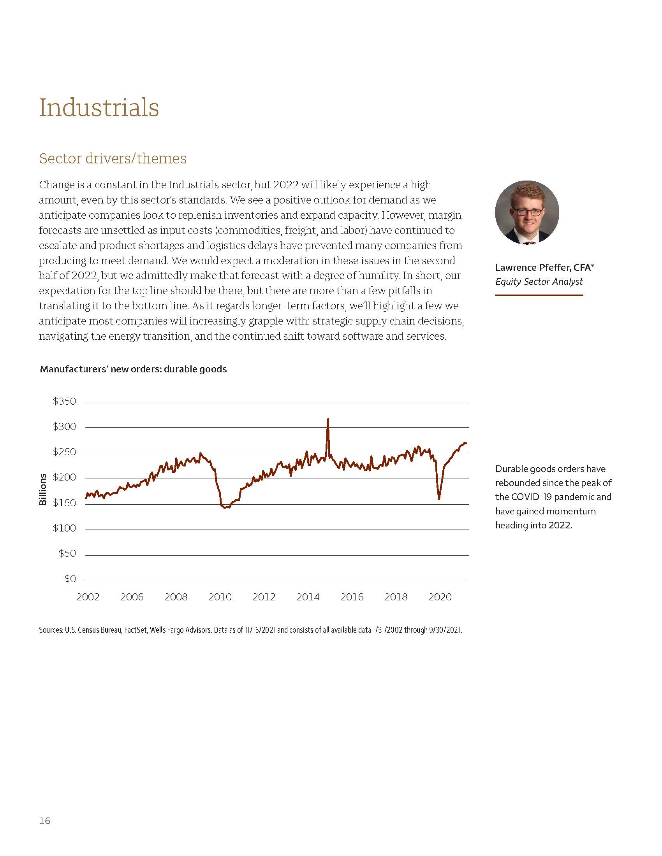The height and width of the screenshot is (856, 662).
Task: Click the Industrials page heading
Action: click(x=99, y=107)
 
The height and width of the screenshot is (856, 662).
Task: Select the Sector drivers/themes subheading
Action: click(x=113, y=158)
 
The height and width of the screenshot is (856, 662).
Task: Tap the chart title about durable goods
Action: click(x=133, y=369)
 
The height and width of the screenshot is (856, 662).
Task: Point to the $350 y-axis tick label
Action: click(x=64, y=402)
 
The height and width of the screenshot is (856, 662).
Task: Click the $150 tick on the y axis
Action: click(x=64, y=503)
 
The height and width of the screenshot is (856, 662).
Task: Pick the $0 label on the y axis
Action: click(x=70, y=579)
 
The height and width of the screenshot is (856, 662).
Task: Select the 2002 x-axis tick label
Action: click(x=88, y=597)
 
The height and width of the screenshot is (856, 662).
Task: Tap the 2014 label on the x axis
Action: click(x=308, y=597)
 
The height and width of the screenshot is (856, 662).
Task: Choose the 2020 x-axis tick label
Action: click(x=440, y=597)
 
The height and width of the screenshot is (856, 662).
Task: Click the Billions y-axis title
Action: click(x=43, y=489)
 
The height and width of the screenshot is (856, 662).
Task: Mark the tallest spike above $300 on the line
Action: click(x=328, y=420)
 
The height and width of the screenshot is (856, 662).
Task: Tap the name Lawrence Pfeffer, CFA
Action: click(x=544, y=267)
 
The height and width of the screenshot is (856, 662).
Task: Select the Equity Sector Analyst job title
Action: click(x=539, y=281)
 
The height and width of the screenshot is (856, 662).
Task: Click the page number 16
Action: click(x=45, y=821)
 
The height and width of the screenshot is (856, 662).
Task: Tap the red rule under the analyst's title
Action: click(x=539, y=295)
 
